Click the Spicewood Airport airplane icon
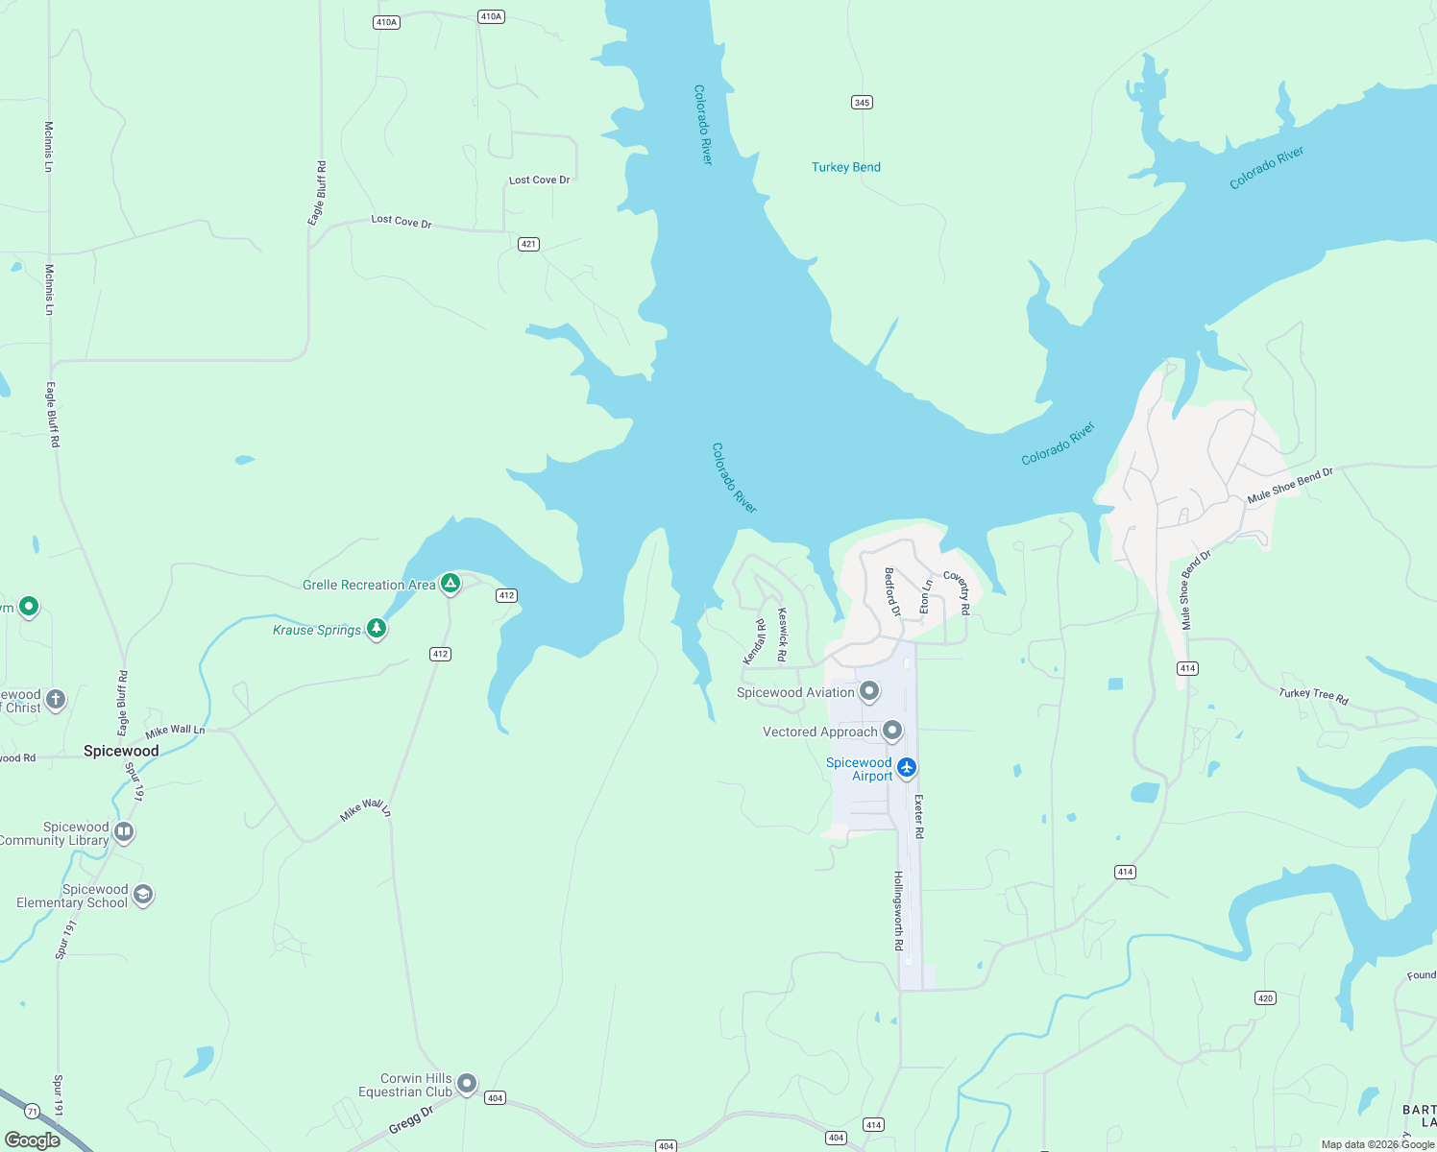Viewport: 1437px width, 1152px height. (x=907, y=767)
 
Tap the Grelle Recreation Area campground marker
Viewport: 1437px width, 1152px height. (x=450, y=583)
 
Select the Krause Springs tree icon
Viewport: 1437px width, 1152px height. (x=377, y=629)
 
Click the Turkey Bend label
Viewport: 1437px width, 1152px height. (x=845, y=167)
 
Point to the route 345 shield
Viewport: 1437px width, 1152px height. (x=862, y=103)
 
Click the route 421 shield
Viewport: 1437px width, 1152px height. (x=528, y=244)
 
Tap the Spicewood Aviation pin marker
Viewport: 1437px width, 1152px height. (x=869, y=690)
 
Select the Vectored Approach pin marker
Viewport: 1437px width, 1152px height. (x=892, y=731)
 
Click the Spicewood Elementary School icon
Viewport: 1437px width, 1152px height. (x=143, y=895)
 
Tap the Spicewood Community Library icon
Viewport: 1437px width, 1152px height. (x=123, y=831)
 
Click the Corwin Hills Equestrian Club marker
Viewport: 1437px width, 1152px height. (x=467, y=1083)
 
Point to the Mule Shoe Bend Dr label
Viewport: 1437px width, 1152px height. (x=1290, y=486)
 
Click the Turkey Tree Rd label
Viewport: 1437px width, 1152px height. (x=1313, y=696)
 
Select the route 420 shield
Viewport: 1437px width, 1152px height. (x=1265, y=998)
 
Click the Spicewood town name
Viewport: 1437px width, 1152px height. (x=121, y=751)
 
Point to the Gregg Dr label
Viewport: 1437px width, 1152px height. (x=411, y=1120)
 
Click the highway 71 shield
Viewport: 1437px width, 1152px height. (x=33, y=1112)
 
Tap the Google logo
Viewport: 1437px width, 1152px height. (x=33, y=1140)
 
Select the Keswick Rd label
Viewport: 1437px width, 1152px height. (x=782, y=634)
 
